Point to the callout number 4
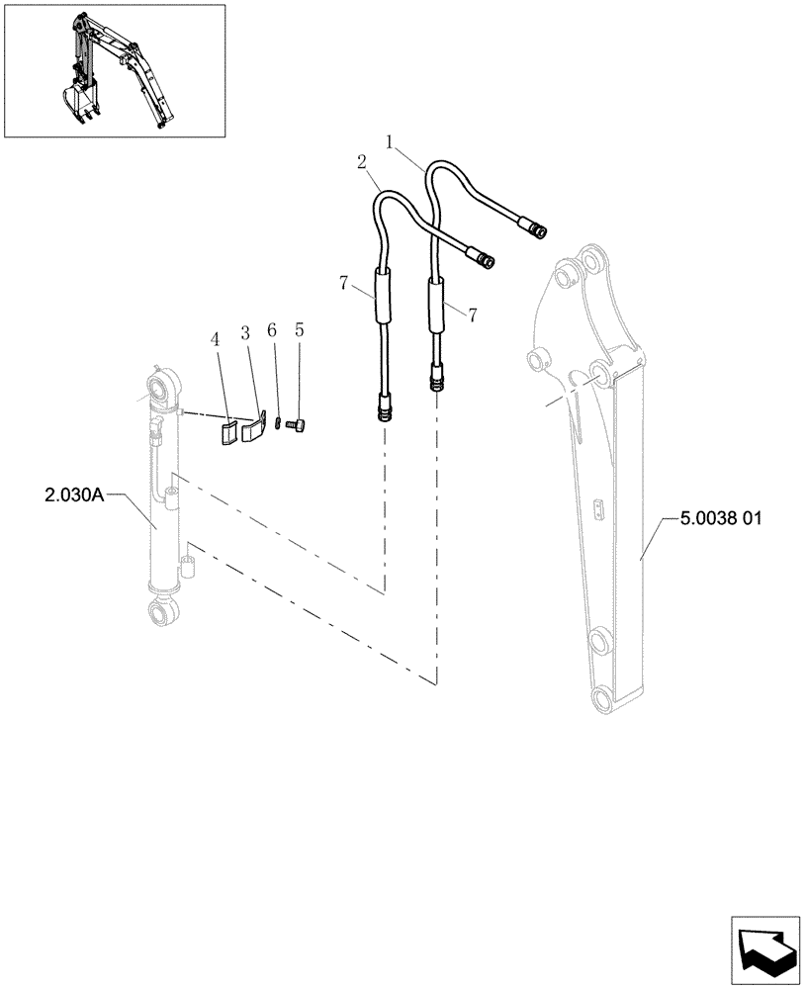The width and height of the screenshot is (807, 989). tap(215, 339)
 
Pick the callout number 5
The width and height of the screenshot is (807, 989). tap(299, 331)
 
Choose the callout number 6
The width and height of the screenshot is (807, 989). tap(273, 331)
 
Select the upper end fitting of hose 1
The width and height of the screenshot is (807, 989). tap(538, 230)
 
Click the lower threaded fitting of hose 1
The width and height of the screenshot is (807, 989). tap(436, 379)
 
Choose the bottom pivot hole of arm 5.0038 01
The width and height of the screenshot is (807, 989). tap(602, 700)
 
